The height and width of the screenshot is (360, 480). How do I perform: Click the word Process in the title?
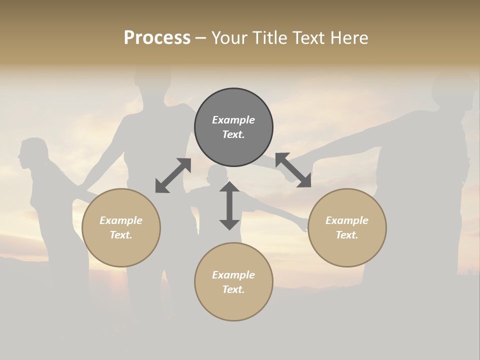click(x=157, y=38)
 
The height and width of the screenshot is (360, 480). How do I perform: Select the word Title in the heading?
click(x=270, y=38)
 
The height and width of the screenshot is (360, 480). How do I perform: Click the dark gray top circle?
click(x=233, y=127)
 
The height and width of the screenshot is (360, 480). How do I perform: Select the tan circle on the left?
click(x=121, y=227)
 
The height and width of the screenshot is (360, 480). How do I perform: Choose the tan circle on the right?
click(x=347, y=227)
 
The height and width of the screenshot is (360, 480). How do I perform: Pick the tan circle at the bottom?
click(x=233, y=282)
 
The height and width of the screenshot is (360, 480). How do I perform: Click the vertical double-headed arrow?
click(x=229, y=205)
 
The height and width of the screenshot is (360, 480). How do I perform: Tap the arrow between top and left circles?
click(x=173, y=175)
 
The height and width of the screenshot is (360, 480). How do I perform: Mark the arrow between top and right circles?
click(x=293, y=170)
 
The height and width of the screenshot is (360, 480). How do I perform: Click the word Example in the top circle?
click(x=233, y=120)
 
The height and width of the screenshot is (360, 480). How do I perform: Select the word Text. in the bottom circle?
click(x=233, y=289)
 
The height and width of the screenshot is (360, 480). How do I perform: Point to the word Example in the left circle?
click(x=121, y=220)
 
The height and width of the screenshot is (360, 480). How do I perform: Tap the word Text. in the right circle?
click(x=347, y=235)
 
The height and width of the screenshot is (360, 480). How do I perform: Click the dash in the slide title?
click(x=201, y=38)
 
